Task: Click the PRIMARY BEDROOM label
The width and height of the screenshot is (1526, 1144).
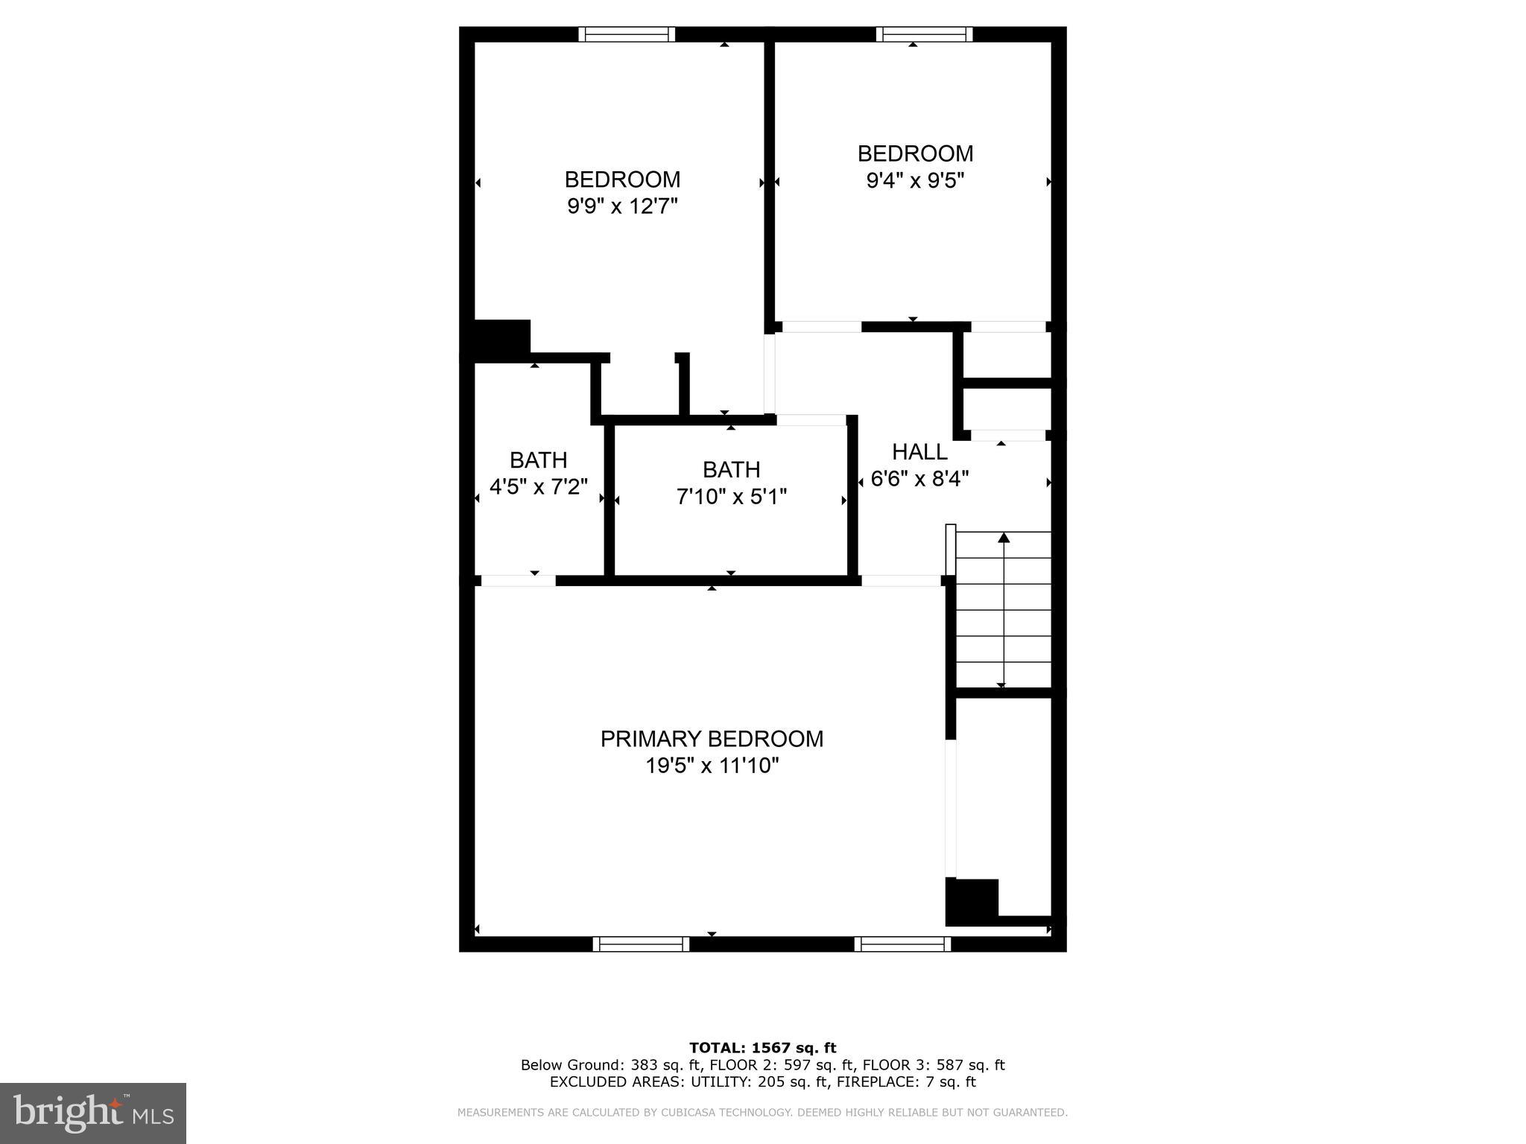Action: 712,739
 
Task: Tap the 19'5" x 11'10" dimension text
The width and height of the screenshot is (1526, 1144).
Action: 712,766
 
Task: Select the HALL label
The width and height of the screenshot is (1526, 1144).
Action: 919,452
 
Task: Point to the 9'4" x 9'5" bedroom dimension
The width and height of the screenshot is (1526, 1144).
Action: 915,180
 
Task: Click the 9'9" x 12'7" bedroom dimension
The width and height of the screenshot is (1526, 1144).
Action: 622,206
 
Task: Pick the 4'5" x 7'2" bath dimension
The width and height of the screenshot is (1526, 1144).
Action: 538,487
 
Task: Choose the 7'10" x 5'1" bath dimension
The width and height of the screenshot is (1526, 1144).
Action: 731,497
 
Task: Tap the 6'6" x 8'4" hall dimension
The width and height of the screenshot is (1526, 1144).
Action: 919,479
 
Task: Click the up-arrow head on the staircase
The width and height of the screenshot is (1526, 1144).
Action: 1004,537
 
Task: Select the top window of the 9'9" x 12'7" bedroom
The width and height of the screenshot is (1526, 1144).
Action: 627,34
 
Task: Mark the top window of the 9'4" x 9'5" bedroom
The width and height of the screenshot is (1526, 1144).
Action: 924,34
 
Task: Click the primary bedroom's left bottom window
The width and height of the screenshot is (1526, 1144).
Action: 641,944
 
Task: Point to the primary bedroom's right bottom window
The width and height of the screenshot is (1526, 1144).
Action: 902,944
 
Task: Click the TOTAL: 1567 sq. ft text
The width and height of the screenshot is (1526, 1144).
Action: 762,1048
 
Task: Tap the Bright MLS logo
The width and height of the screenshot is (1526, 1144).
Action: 92,1113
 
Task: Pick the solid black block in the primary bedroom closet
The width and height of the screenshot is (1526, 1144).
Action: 972,901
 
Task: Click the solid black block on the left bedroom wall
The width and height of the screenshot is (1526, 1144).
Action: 501,340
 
